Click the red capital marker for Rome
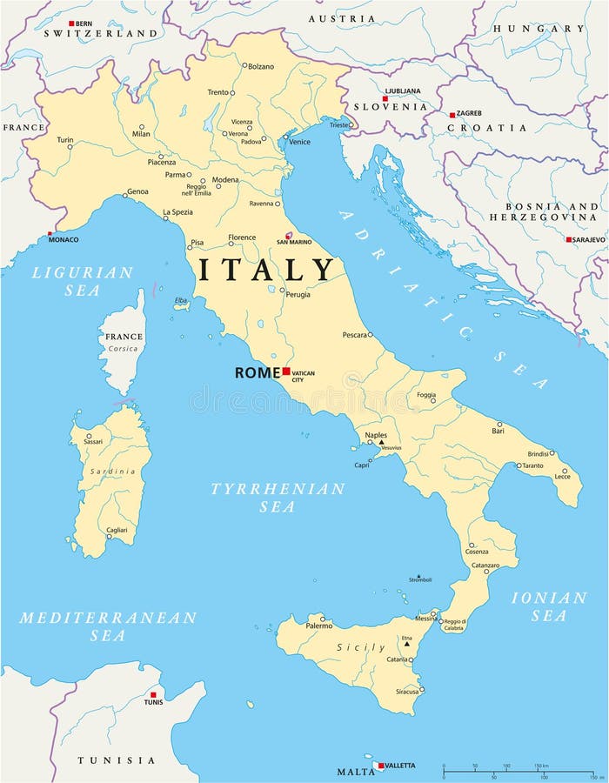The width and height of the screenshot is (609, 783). coord(286,371)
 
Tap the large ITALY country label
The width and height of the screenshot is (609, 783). coord(265,269)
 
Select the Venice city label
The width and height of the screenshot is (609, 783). coord(299,142)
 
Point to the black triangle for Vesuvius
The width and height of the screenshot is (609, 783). coord(380,442)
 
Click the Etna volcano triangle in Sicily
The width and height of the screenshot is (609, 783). coord(406,644)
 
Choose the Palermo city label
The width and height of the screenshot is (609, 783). coord(318,626)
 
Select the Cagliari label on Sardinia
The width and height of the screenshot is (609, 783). coord(117,530)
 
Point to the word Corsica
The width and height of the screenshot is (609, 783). coord(123,349)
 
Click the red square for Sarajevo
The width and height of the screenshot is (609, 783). coord(569,239)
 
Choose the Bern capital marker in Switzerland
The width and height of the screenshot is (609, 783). coord(71,23)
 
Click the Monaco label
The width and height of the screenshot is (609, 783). coord(64,239)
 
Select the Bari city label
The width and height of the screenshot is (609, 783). coord(498,431)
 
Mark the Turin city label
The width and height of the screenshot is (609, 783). coord(65,139)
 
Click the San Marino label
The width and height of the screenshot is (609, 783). coord(293,242)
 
